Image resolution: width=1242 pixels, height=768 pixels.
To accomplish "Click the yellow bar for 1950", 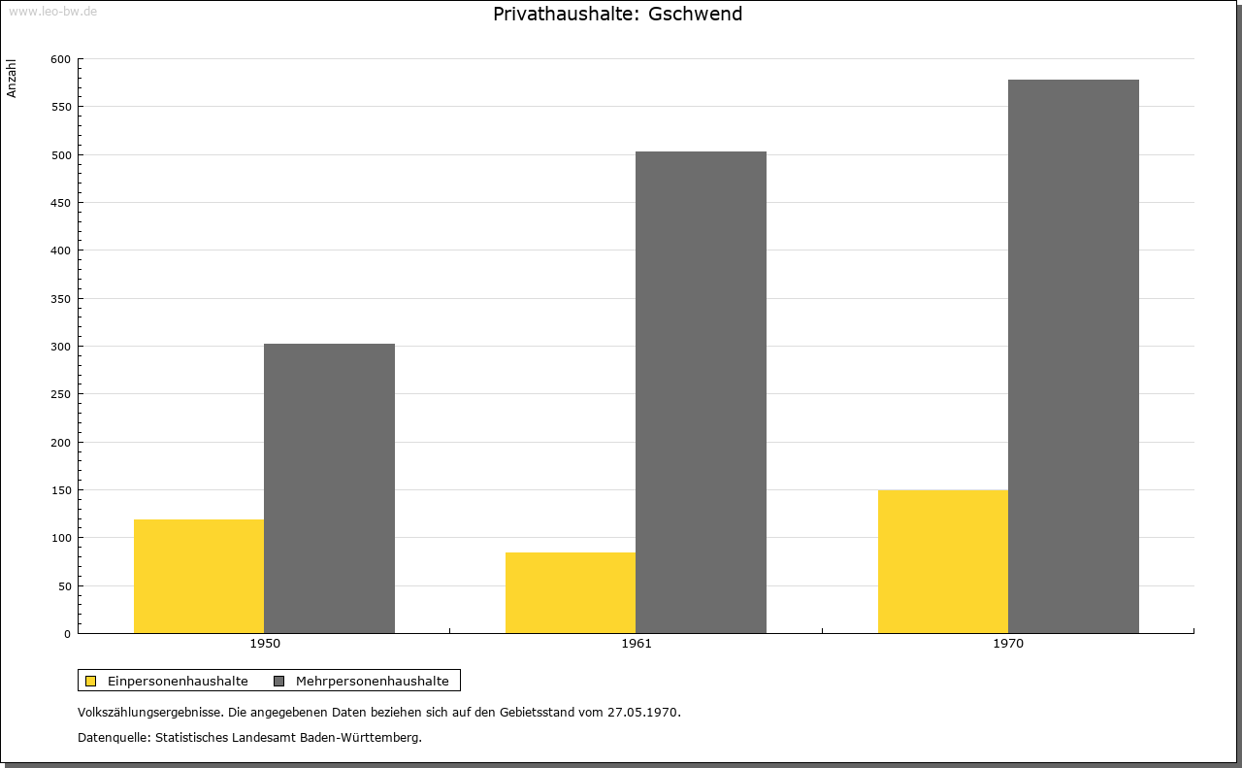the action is point(199,576).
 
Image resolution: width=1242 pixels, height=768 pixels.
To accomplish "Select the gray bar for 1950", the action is point(329,488).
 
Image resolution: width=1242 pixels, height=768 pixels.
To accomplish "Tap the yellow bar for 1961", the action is point(571,592).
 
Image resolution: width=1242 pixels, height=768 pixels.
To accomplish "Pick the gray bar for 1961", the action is point(701,392).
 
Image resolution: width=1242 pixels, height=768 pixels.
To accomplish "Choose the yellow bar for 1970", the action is point(943,561).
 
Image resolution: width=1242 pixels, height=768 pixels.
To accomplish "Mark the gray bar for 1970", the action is point(1073,356).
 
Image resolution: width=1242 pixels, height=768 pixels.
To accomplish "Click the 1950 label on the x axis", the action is point(265,644).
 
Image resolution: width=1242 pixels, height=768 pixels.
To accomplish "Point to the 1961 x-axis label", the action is point(637,644).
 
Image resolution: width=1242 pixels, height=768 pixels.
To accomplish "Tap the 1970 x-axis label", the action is point(1008,644).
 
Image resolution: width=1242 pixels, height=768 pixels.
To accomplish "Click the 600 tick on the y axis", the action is point(60,59).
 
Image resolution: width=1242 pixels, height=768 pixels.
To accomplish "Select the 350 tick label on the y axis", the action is point(60,299).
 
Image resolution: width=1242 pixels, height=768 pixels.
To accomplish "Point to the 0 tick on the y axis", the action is point(67,634).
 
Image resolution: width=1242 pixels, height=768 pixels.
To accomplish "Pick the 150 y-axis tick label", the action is point(60,490).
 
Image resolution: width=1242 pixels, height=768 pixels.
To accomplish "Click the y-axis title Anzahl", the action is point(11,79).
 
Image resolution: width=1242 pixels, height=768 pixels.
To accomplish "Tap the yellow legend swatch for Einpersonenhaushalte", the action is point(90,681).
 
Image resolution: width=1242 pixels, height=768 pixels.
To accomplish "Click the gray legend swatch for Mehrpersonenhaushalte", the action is point(278,681).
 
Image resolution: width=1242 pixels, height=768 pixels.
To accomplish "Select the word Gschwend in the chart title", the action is point(695,14).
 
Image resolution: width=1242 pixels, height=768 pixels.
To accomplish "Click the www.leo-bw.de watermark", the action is point(53,11).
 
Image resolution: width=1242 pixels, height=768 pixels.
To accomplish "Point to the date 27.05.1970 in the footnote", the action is point(642,712).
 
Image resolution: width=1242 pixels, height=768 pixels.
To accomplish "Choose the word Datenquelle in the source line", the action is point(113,738).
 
